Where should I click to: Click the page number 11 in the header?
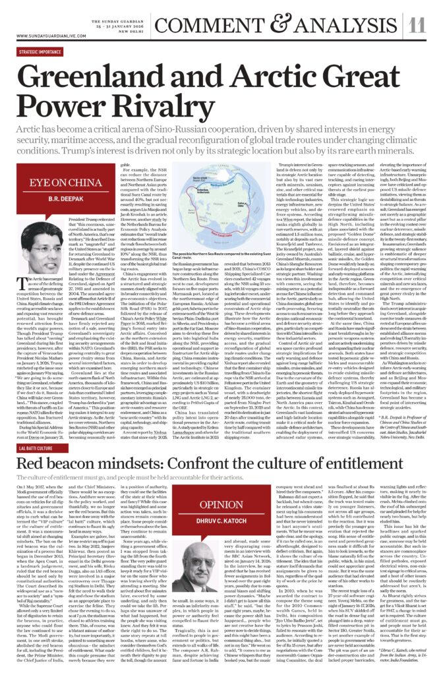(x=417, y=25)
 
